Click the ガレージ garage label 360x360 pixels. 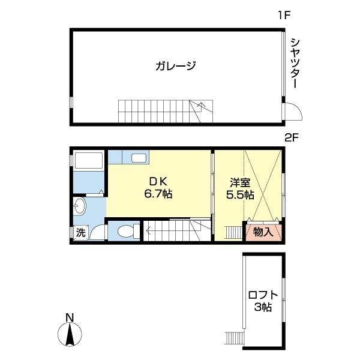pos(176,66)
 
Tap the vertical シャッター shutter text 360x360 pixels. pos(295,63)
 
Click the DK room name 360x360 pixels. pos(158,182)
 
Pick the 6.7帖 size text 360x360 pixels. pos(158,194)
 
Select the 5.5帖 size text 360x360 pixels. pos(239,194)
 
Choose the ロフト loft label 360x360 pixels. pos(263,295)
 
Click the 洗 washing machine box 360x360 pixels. pos(80,233)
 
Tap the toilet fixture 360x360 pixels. pos(125,231)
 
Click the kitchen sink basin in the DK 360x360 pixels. pos(139,158)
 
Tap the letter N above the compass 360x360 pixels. pos(70,317)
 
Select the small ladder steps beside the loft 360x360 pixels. pos(233,338)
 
